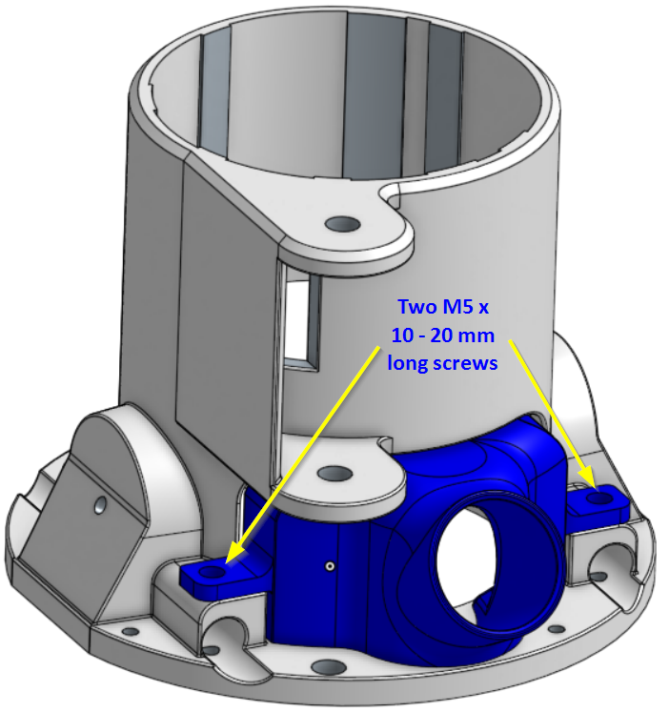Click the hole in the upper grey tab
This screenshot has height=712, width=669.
[343, 223]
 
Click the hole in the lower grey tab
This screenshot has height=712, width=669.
[334, 474]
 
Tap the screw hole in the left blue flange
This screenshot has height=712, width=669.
[210, 572]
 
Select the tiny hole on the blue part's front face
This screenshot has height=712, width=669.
[331, 566]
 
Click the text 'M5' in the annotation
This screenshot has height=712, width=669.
[455, 307]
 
